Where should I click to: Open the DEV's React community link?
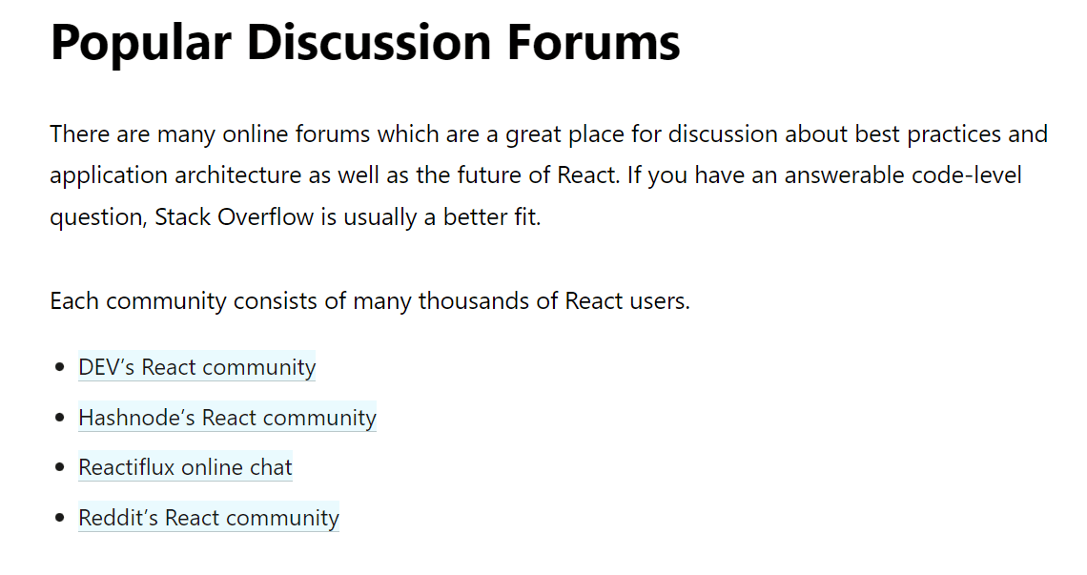[196, 367]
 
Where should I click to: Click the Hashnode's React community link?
[227, 418]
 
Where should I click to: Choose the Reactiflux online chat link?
[185, 467]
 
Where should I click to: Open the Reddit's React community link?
[208, 518]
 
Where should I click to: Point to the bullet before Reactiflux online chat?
[59, 468]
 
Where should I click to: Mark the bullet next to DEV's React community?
[59, 368]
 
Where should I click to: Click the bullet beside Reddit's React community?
[59, 519]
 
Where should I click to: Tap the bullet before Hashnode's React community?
[59, 419]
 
